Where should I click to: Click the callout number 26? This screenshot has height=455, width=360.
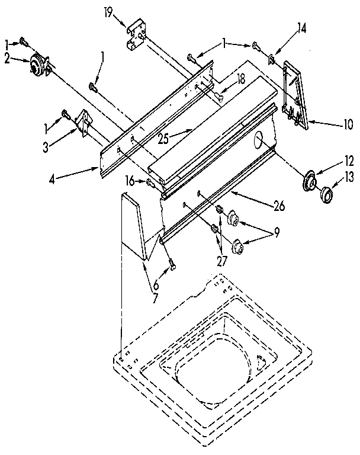pos(278,206)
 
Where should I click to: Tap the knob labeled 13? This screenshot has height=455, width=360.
pos(326,194)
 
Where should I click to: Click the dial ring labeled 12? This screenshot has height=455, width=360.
pos(308,182)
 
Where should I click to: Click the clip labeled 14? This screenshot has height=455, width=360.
pos(271,58)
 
